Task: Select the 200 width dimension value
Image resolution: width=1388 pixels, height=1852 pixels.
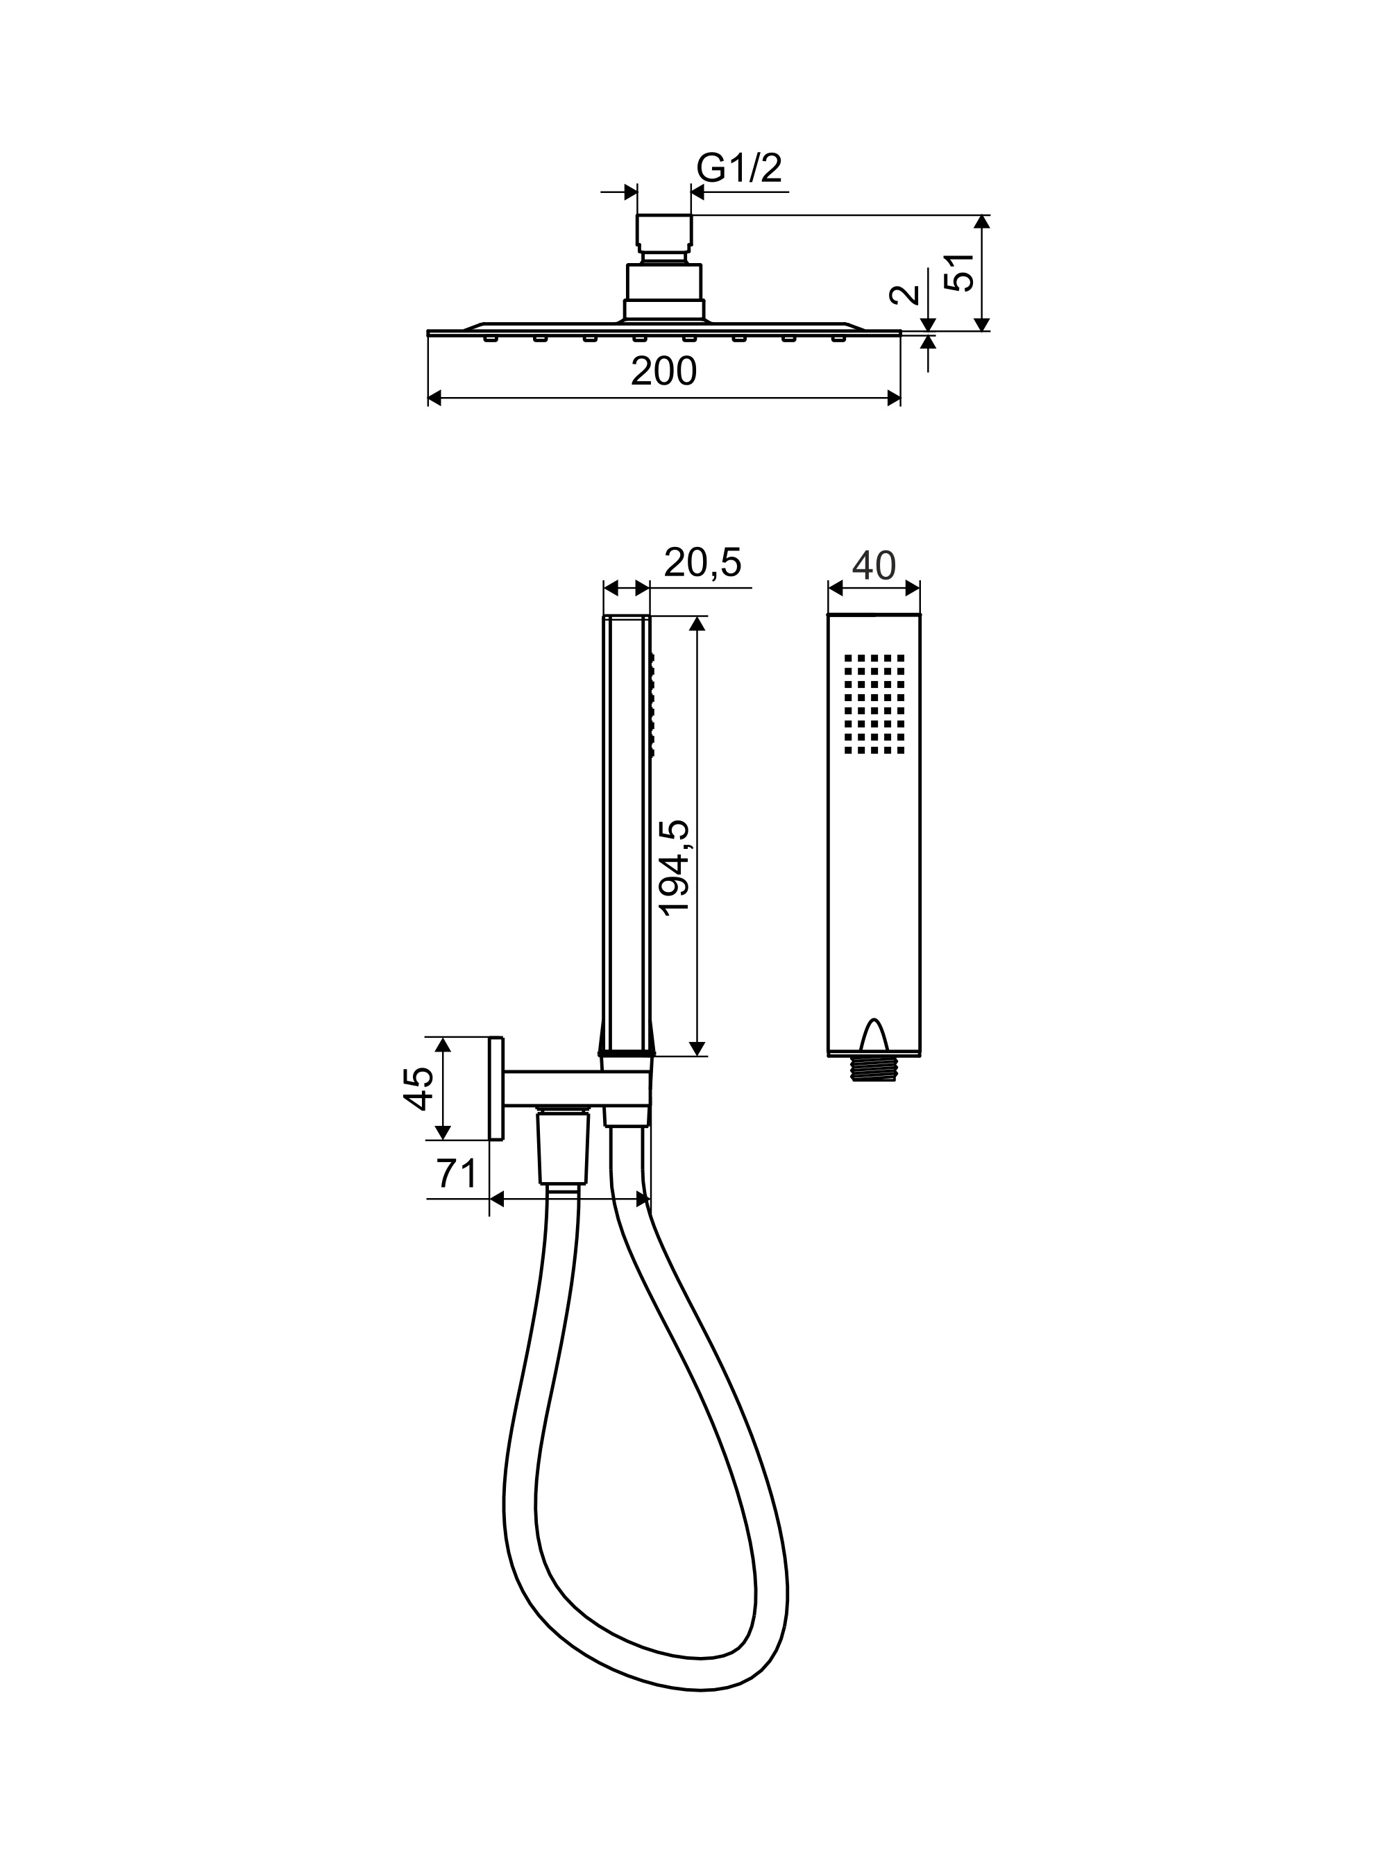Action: coord(663,372)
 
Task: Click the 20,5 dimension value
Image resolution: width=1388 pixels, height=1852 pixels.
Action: coord(702,563)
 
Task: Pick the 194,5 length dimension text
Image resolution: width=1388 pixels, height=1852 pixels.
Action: coord(674,868)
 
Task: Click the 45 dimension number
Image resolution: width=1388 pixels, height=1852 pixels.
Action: coord(418,1088)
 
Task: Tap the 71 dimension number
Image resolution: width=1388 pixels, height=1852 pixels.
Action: coord(456,1174)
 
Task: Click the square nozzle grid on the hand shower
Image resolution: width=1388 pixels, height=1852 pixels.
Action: coord(874,704)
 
